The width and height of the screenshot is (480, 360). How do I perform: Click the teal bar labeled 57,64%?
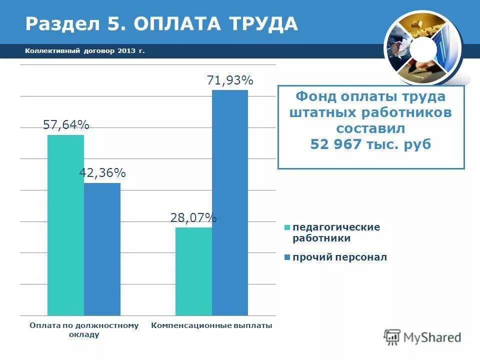coord(65,225)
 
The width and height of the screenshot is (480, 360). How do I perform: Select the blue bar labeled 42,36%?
coord(102,249)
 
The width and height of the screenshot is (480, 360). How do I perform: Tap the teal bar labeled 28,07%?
coord(193,271)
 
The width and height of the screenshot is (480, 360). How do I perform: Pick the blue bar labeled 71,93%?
coord(229,202)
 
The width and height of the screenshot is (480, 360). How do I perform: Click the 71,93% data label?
coord(230,80)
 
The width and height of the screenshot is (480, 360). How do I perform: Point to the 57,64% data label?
coord(66,125)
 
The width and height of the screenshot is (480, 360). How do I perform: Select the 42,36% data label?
coord(102,173)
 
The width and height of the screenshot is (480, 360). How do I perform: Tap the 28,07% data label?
coord(193,217)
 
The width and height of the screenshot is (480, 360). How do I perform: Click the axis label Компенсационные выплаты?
coord(211,326)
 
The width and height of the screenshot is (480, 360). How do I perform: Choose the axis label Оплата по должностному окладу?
coord(84,330)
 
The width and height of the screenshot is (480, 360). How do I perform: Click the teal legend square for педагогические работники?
coord(287,227)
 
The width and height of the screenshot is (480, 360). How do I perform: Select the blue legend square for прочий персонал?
coord(287,257)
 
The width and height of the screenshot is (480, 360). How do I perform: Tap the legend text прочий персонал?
coord(340,257)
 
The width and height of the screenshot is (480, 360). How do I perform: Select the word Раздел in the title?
coord(55,23)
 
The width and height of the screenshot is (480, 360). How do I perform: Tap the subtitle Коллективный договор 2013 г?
coord(84,51)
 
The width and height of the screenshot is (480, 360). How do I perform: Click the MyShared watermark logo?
coord(422,336)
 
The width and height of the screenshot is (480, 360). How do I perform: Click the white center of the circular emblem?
coord(423,48)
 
